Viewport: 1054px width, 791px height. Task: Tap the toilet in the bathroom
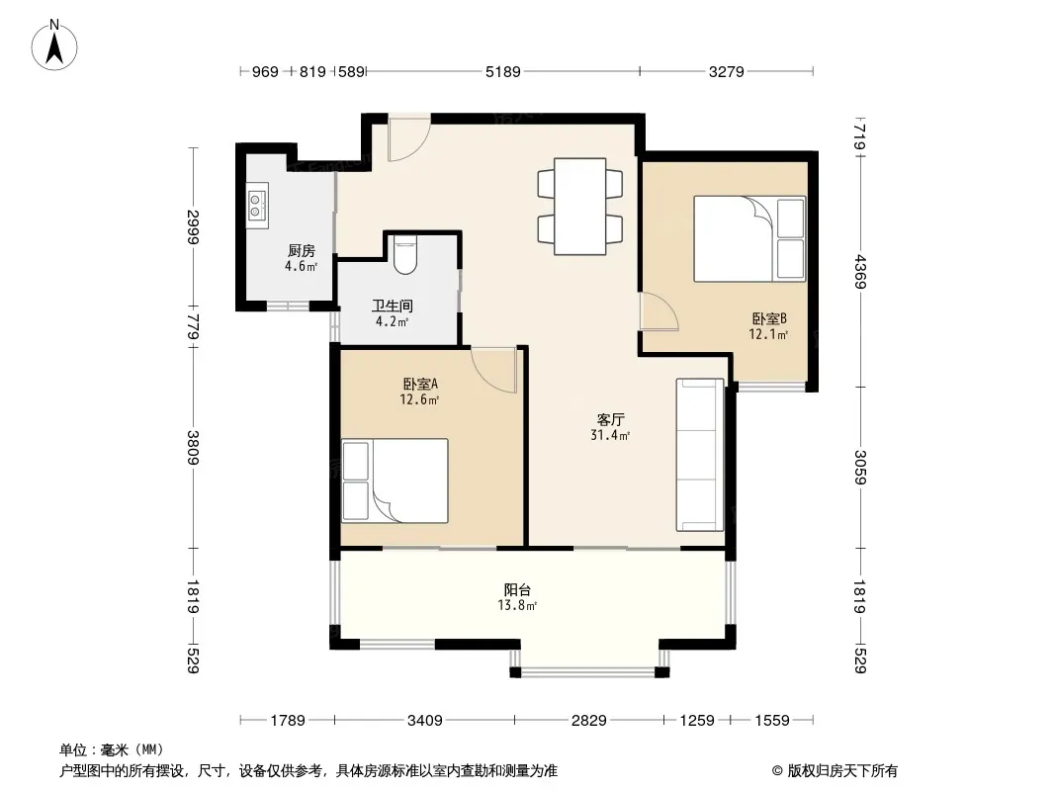[x=404, y=254]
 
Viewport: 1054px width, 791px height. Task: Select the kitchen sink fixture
[x=257, y=205]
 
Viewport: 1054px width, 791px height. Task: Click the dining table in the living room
[x=580, y=207]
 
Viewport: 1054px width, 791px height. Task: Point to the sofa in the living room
[x=700, y=455]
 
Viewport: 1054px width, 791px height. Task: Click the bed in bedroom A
[x=395, y=482]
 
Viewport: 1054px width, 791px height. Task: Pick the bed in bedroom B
[x=749, y=238]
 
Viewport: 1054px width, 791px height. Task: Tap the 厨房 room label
[x=302, y=251]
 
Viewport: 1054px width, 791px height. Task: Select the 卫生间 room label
[x=393, y=306]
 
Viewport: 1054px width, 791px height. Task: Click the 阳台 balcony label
[x=517, y=590]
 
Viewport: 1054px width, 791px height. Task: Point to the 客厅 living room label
[x=610, y=420]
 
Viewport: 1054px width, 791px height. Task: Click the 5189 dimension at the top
[x=503, y=71]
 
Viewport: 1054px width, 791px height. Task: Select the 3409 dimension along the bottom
[x=425, y=721]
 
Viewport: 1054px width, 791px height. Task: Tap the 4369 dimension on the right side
[x=860, y=272]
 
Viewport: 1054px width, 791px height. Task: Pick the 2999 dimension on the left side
[x=194, y=227]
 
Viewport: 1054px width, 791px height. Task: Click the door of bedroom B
[x=659, y=311]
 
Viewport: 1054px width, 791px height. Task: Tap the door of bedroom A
[x=494, y=369]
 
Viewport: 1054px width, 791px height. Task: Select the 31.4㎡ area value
[x=610, y=435]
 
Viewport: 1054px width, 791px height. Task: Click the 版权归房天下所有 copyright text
[x=842, y=771]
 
